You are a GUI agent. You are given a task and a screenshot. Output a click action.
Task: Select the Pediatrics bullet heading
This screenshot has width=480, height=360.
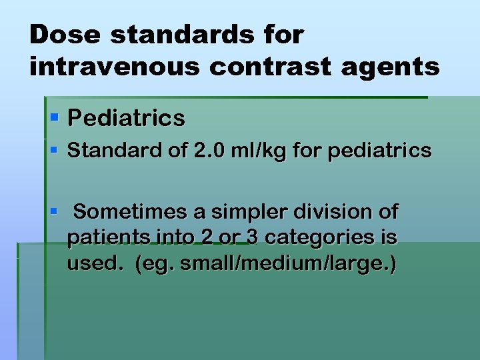tap(126, 119)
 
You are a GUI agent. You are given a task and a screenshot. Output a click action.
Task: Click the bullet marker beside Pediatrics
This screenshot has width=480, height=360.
tap(55, 118)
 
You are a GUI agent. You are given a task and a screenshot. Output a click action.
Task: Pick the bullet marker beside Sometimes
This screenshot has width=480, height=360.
tap(55, 212)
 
